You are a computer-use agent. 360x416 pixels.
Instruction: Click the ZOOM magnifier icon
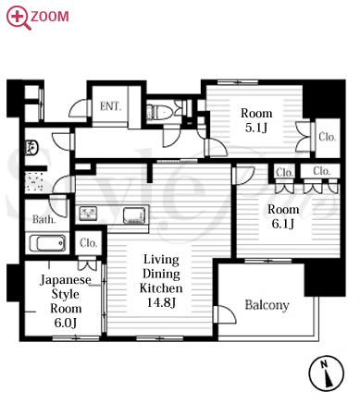(19, 17)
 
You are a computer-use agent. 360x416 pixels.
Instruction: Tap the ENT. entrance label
(110, 106)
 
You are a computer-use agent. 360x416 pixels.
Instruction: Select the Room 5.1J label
(256, 120)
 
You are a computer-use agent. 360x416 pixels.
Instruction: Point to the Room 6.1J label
(283, 216)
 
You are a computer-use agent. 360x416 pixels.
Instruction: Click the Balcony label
(267, 305)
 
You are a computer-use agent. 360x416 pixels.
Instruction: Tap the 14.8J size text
(161, 302)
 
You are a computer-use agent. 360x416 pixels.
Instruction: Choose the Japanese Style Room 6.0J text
(66, 300)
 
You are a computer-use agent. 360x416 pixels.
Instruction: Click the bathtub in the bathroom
(47, 243)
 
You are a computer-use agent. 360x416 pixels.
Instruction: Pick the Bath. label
(43, 219)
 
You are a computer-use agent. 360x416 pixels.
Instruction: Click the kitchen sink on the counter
(134, 215)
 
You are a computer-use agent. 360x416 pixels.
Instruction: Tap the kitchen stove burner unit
(89, 214)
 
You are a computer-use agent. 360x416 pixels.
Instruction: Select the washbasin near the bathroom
(31, 147)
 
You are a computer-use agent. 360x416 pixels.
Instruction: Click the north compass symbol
(327, 373)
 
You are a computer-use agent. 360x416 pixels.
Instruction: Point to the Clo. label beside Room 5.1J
(327, 137)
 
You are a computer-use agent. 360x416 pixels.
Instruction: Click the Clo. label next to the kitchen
(88, 243)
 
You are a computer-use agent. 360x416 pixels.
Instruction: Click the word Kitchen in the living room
(161, 288)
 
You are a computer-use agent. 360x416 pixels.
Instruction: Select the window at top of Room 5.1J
(238, 82)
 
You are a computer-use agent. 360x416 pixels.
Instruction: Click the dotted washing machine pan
(34, 182)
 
